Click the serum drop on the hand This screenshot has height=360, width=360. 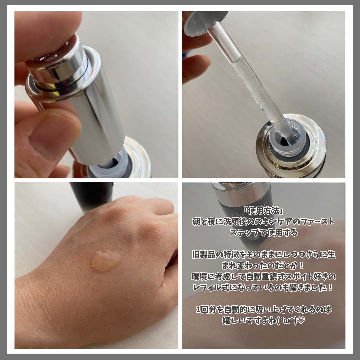tap(106, 261)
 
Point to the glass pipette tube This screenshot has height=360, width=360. tap(250, 83)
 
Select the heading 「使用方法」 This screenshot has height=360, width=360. tap(264, 210)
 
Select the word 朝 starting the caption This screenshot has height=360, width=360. tap(196, 222)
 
